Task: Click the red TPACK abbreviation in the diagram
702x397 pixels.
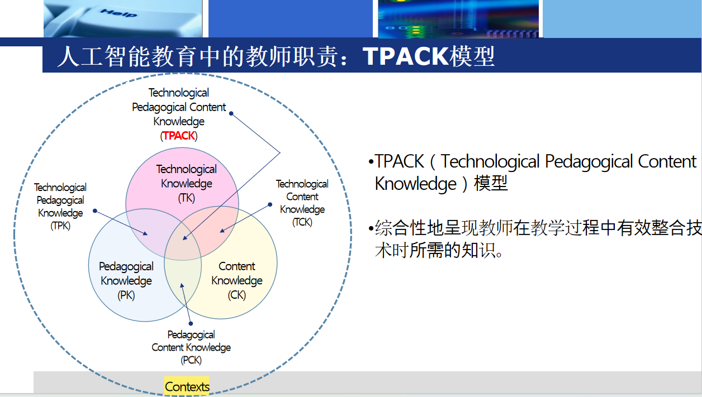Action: pos(179,136)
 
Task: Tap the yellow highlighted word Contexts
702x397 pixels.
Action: pos(187,386)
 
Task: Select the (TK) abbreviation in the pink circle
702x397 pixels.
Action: pos(187,198)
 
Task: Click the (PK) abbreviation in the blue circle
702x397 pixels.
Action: pos(126,295)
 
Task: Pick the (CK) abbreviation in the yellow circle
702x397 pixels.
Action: pos(236,295)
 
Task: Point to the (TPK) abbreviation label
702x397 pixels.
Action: pos(60,226)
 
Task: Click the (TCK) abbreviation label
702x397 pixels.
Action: pos(302,222)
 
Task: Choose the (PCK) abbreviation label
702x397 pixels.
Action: pos(191,360)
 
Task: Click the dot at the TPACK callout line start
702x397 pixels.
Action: pos(231,113)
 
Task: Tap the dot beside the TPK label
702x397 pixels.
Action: pos(95,211)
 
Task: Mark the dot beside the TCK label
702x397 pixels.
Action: pos(270,204)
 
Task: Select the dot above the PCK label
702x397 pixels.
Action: pos(191,323)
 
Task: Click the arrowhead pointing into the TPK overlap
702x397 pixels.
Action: pos(145,233)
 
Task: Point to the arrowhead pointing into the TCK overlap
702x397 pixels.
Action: pos(222,231)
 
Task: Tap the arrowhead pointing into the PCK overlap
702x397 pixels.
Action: pos(182,285)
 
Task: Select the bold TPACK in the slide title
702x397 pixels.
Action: pos(406,56)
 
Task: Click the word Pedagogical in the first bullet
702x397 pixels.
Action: pos(589,162)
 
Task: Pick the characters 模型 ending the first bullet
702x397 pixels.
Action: pos(491,183)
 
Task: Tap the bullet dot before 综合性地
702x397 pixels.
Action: pos(371,228)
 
